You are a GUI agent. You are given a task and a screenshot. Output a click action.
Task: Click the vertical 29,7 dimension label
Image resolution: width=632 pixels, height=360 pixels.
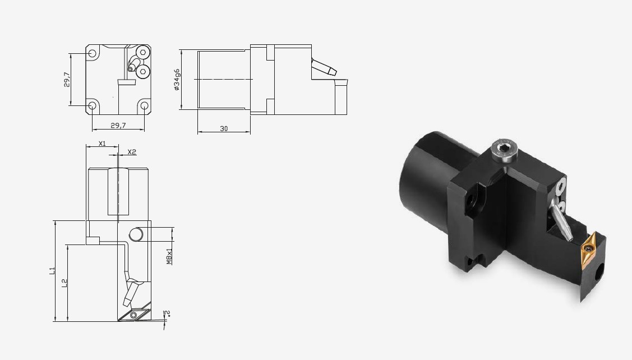67,80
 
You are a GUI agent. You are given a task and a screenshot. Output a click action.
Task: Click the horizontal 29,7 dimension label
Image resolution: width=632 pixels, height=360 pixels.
118,126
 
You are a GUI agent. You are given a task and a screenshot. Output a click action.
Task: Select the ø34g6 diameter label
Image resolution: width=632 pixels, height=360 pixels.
177,80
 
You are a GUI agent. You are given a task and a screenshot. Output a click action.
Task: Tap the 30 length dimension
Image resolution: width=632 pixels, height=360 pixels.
224,128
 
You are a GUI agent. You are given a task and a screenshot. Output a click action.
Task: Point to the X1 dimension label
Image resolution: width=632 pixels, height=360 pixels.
102,143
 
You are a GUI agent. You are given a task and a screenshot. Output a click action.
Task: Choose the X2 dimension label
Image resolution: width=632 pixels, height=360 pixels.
132,152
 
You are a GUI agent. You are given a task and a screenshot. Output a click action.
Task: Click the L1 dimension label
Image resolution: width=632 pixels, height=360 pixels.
52,271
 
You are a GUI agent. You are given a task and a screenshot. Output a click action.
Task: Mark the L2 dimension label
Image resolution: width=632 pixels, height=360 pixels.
64,283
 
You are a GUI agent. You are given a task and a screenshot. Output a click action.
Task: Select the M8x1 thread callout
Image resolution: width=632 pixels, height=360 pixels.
169,256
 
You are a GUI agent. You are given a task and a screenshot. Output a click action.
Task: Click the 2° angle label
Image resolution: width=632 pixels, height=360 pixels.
168,313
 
